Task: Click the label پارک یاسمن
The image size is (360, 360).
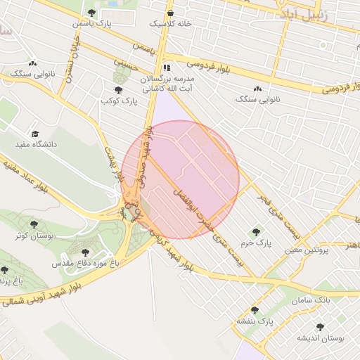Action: (x=92, y=24)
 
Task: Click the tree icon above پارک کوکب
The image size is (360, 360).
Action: (x=117, y=90)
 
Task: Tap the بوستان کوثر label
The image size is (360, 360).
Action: (x=32, y=236)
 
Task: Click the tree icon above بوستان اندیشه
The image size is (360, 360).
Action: (x=321, y=327)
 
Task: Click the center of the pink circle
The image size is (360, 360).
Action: (x=181, y=179)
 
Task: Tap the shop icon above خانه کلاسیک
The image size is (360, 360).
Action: (x=169, y=13)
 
